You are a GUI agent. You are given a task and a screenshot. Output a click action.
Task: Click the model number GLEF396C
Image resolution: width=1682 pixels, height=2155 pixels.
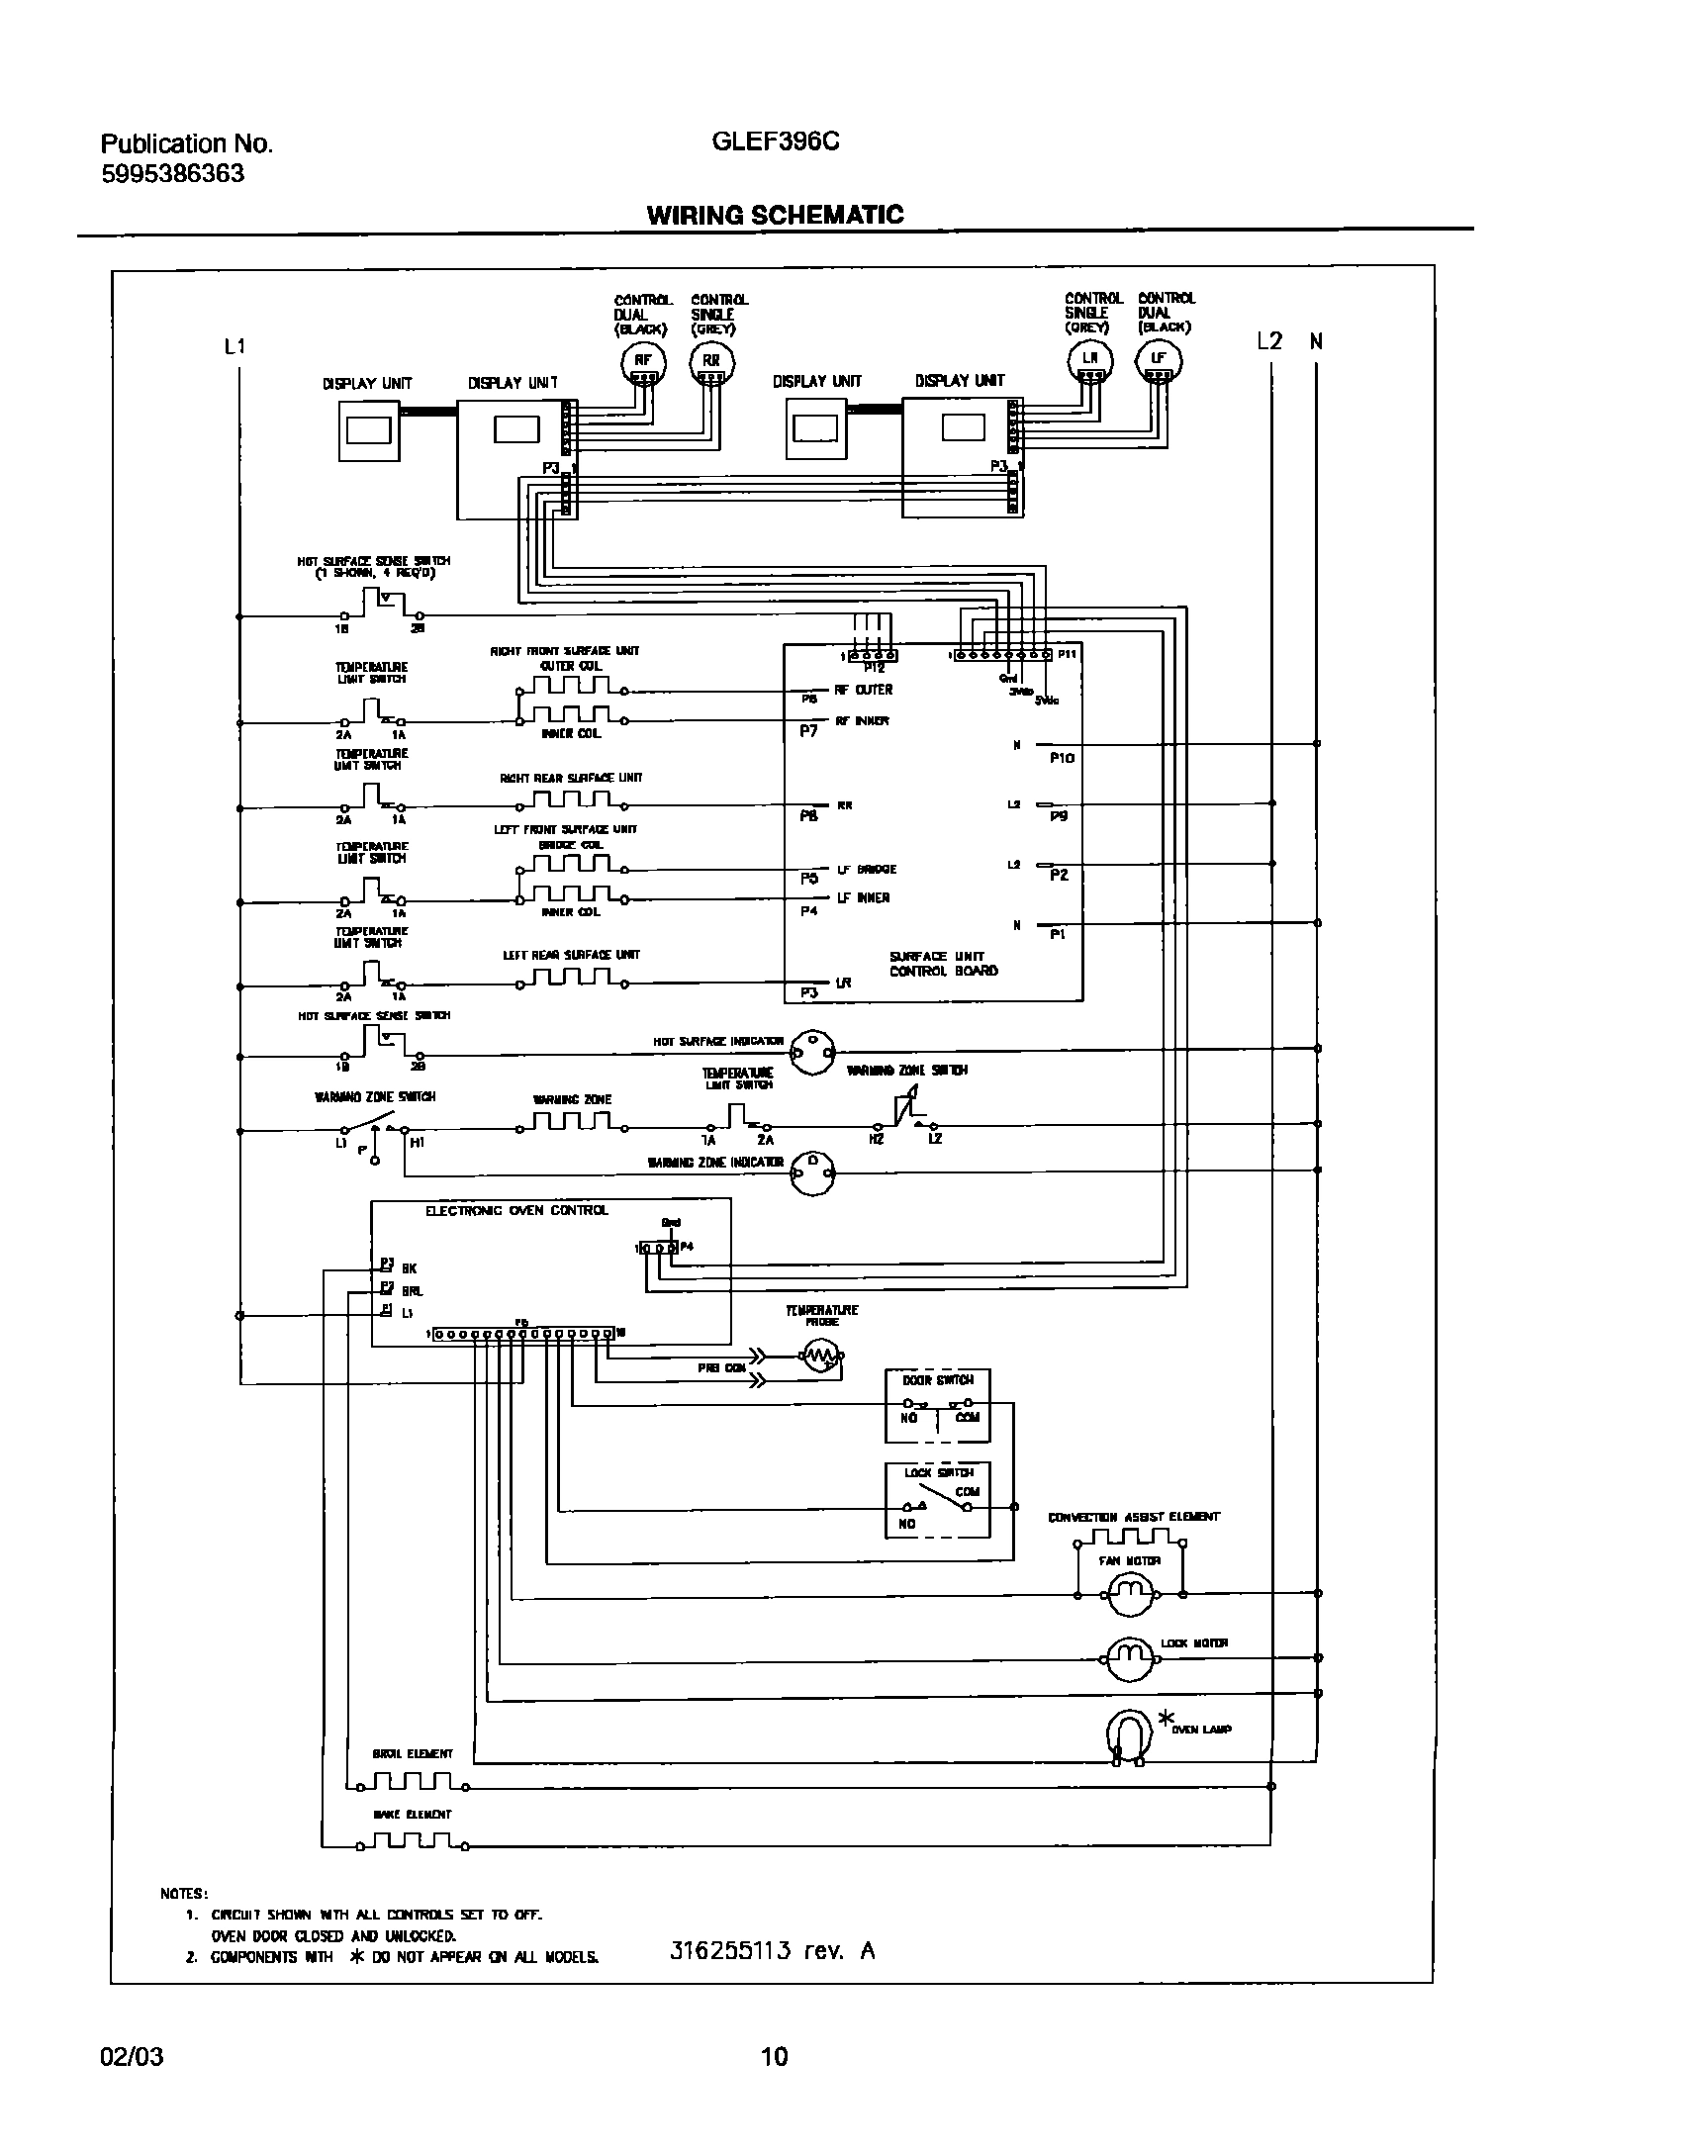pyautogui.click(x=776, y=141)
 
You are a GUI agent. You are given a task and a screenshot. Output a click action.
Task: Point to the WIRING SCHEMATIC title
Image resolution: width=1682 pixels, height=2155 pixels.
pyautogui.click(x=775, y=215)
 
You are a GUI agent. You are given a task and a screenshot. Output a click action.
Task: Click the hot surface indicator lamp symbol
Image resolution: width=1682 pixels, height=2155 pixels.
pyautogui.click(x=812, y=1052)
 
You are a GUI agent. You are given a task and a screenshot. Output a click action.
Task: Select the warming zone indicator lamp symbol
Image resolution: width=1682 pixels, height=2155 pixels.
pyautogui.click(x=812, y=1173)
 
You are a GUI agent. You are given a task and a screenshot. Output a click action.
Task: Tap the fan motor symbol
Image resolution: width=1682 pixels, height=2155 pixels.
pyautogui.click(x=1130, y=1594)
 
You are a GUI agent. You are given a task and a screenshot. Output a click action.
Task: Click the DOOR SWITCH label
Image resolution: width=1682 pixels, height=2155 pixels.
pyautogui.click(x=937, y=1380)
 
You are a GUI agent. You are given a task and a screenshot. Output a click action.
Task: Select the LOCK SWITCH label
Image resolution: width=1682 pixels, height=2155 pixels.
pyautogui.click(x=938, y=1472)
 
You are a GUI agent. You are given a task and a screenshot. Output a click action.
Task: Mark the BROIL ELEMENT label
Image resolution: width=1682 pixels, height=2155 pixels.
pyautogui.click(x=413, y=1753)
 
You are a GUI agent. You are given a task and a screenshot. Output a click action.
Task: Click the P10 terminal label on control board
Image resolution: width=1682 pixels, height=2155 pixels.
pyautogui.click(x=1062, y=758)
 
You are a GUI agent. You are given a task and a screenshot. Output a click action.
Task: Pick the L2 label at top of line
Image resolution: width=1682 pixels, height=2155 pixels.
pyautogui.click(x=1268, y=341)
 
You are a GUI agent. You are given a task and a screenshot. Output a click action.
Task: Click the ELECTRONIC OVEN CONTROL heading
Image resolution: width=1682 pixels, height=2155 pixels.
pyautogui.click(x=516, y=1210)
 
